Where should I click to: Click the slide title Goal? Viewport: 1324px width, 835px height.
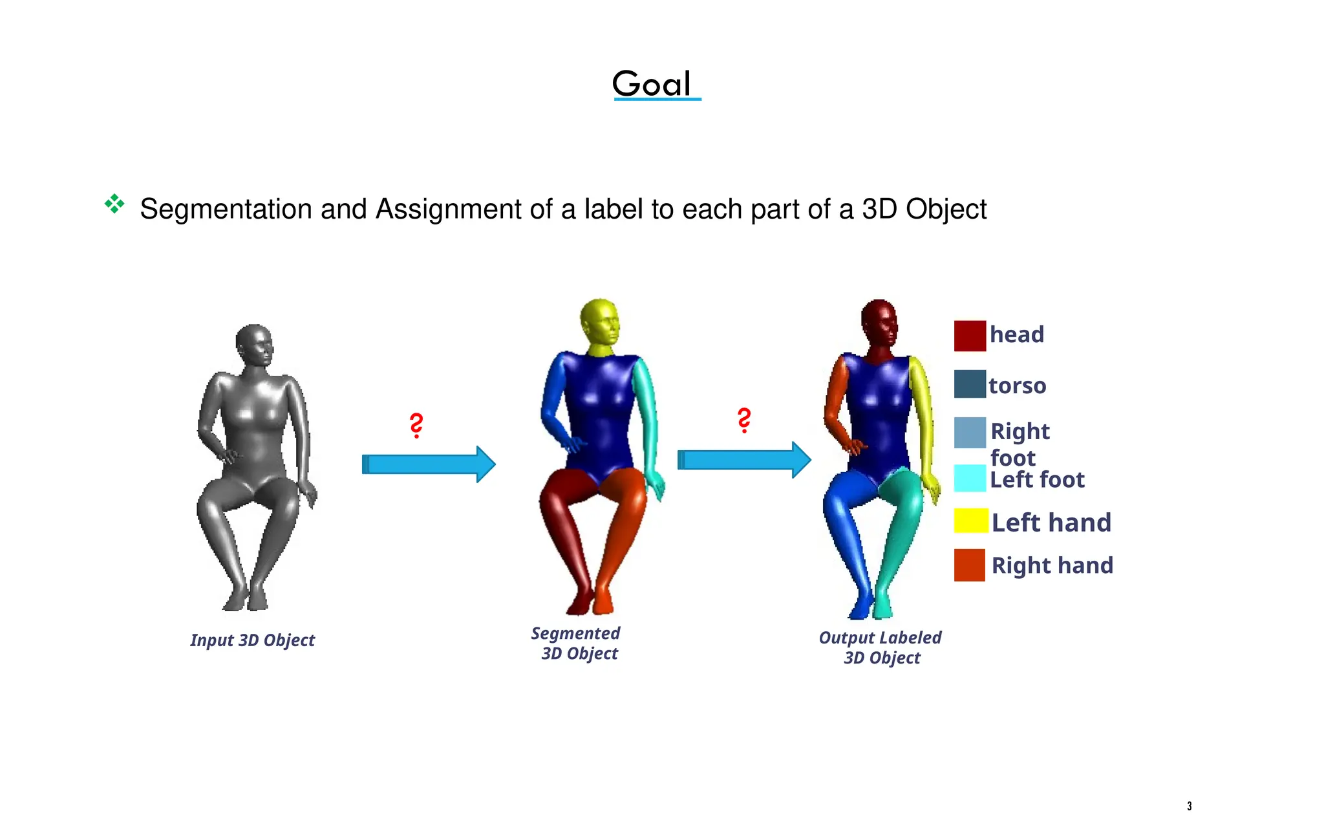pos(652,84)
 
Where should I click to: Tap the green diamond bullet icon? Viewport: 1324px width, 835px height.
pos(114,204)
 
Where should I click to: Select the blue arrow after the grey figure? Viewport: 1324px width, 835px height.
pos(428,464)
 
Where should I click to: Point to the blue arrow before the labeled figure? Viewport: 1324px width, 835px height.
pos(743,460)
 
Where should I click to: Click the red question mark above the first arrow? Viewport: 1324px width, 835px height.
pos(417,426)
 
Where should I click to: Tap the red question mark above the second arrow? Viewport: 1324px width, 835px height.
pos(744,420)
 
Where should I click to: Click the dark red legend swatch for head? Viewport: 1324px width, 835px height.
pos(970,336)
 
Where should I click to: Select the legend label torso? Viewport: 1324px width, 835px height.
pos(1017,385)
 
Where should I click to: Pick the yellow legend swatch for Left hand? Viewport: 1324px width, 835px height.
pos(970,521)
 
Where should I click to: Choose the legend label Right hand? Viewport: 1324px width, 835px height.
pos(1052,565)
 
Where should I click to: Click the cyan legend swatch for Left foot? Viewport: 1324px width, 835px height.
pos(970,479)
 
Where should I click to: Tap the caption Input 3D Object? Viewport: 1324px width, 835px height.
pos(252,640)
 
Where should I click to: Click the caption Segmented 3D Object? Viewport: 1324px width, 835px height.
pos(577,644)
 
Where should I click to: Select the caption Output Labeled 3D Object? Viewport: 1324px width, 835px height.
pos(881,647)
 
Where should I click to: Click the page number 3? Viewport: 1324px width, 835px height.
pos(1189,806)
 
